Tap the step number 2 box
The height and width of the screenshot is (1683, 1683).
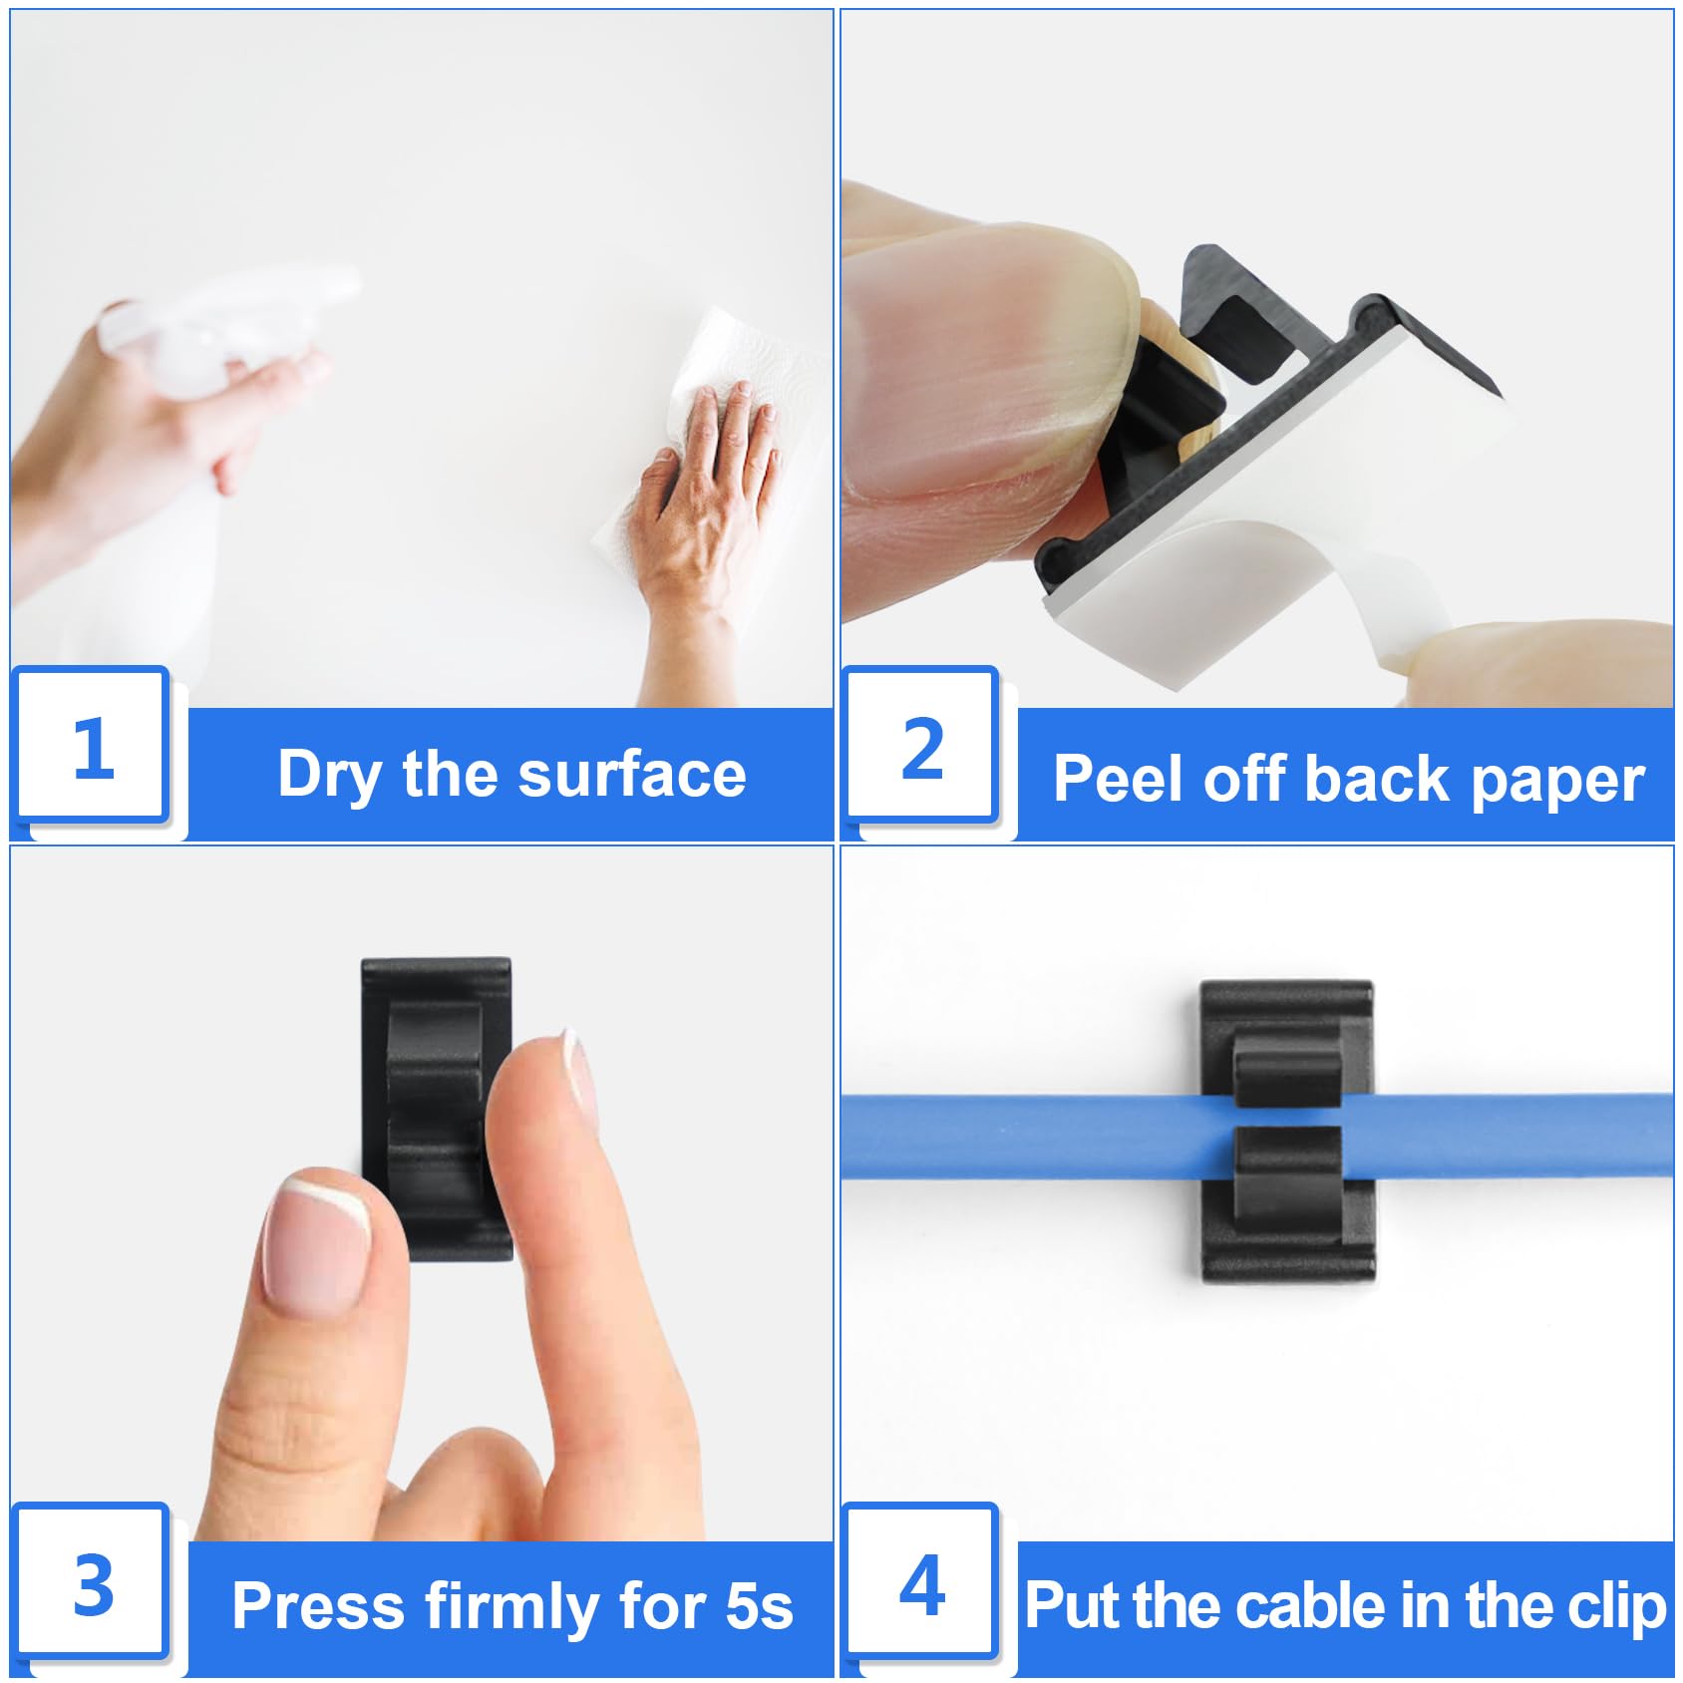pos(921,744)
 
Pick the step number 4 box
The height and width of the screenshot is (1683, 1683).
pos(921,1581)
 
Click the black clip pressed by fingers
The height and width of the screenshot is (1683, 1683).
pos(436,1108)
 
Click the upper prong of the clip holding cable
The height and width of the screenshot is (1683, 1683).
pos(1287,1071)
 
